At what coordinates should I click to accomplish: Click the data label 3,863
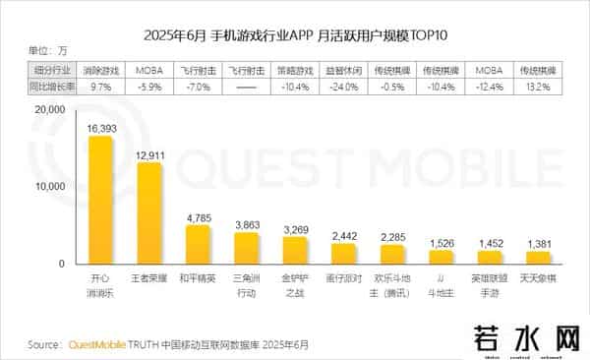pyautogui.click(x=247, y=224)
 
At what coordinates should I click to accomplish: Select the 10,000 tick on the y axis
pyautogui.click(x=45, y=187)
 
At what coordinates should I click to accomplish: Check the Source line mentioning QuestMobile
pyautogui.click(x=167, y=345)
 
